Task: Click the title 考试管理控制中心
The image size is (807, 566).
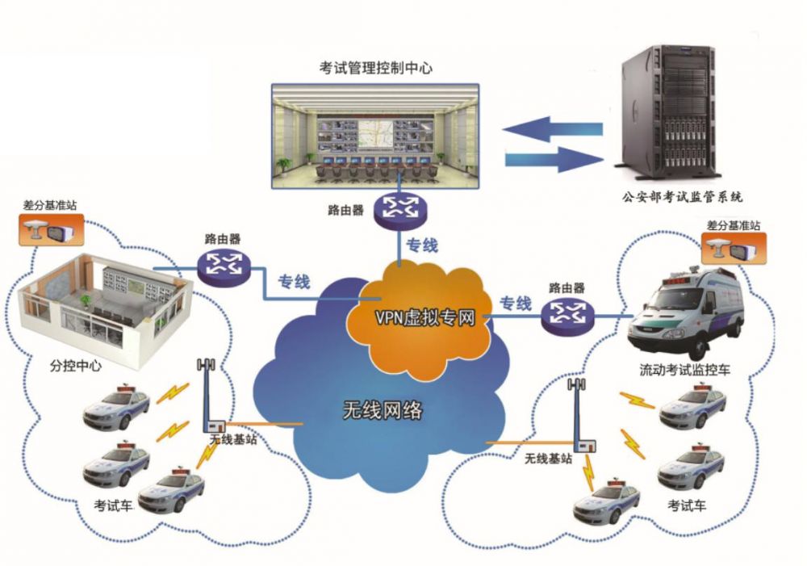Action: point(376,68)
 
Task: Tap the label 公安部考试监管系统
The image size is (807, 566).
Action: point(682,195)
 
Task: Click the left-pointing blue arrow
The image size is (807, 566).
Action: point(552,129)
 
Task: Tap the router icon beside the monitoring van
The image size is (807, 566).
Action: point(567,315)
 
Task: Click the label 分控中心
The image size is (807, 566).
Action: point(75,366)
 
